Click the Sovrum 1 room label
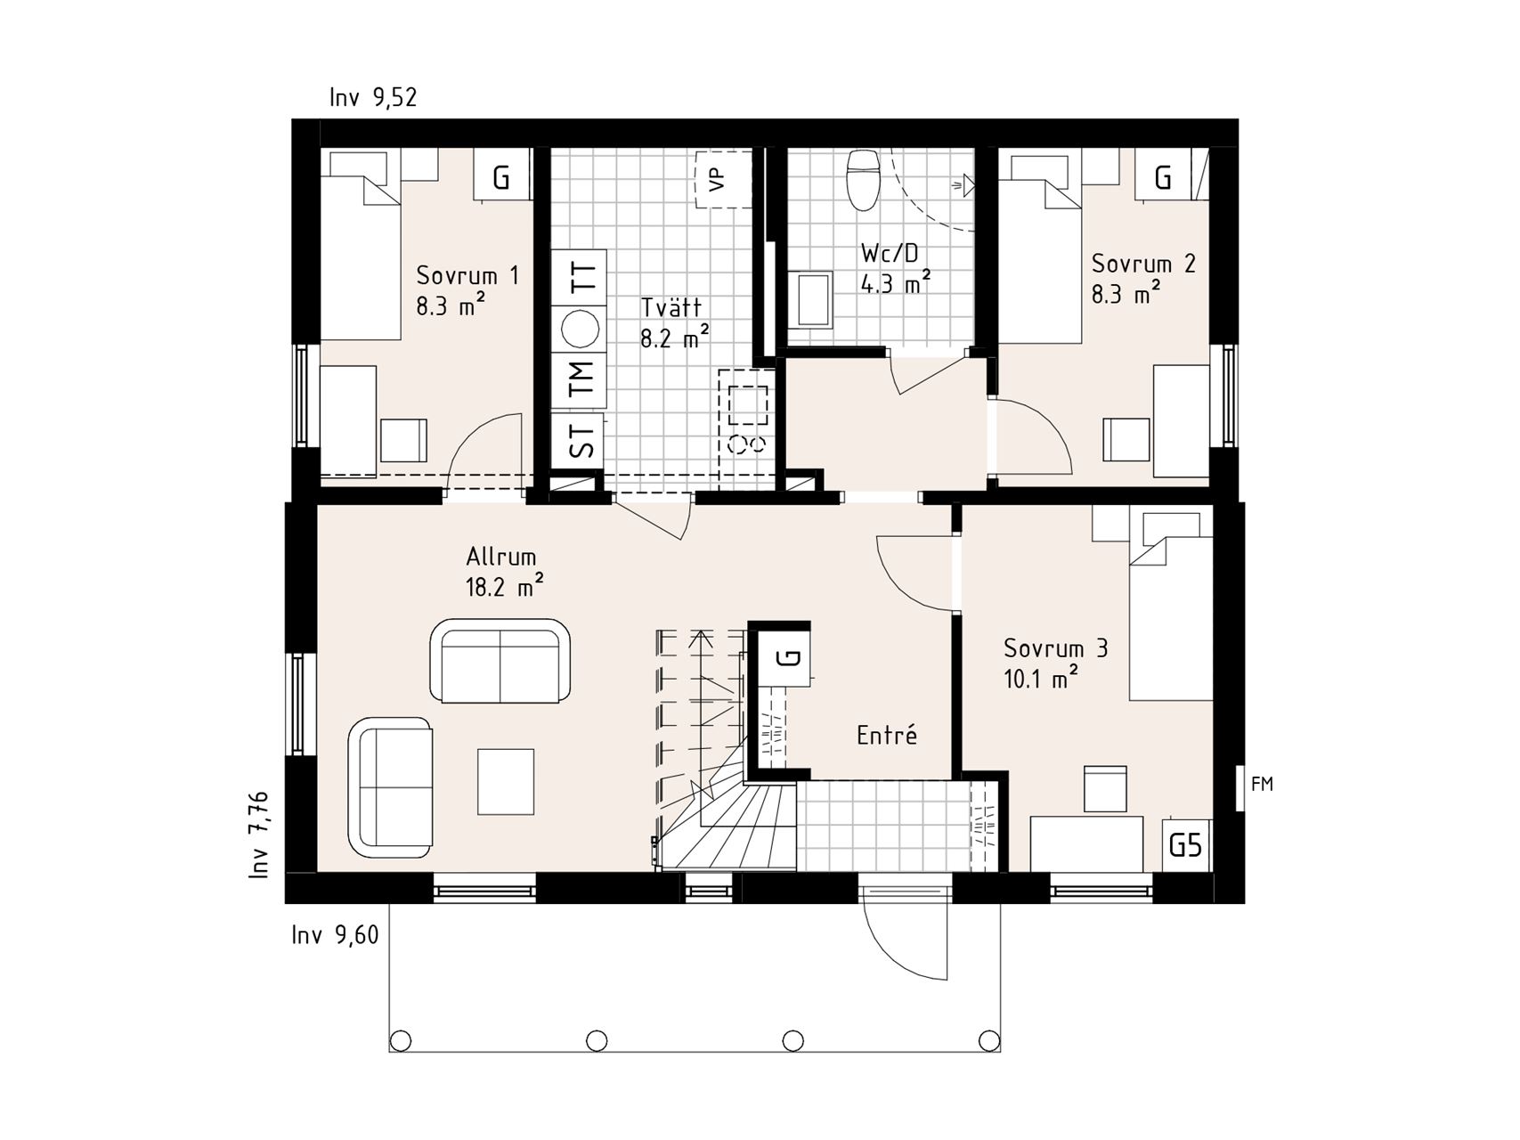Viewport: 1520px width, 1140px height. (467, 275)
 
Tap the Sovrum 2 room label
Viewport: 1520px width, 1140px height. (1143, 264)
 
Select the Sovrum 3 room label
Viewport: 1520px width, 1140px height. (1056, 648)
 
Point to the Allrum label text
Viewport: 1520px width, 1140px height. (501, 558)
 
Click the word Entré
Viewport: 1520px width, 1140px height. (887, 736)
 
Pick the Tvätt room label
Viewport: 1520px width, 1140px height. (671, 307)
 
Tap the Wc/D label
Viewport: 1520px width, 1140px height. (890, 253)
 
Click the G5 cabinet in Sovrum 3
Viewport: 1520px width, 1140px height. (1185, 844)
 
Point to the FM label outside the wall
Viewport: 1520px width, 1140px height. (1263, 784)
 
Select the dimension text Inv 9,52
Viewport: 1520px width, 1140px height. (373, 97)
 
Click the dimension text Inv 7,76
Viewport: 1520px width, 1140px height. (259, 835)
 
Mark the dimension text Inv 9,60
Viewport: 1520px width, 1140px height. (335, 935)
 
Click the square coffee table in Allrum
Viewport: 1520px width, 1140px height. (506, 782)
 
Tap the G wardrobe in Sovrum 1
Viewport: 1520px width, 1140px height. (501, 178)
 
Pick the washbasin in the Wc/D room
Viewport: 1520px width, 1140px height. (809, 300)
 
